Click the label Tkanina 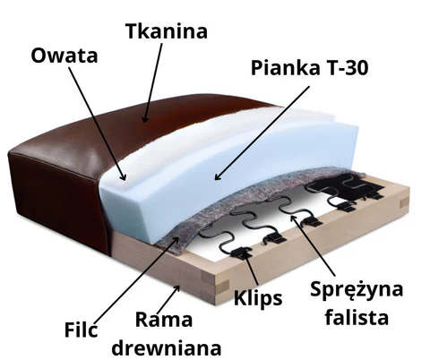click(167, 31)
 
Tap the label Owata click(64, 56)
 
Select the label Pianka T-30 click(310, 68)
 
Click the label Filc click(82, 330)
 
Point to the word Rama click(164, 320)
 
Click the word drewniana click(167, 347)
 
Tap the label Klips click(258, 298)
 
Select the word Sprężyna click(357, 289)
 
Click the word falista click(357, 316)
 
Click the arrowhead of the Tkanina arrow click(145, 119)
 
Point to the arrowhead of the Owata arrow click(123, 176)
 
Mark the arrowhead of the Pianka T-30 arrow click(218, 176)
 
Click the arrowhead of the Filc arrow click(176, 240)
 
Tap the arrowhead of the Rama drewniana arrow click(177, 288)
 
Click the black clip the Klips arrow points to click(242, 253)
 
